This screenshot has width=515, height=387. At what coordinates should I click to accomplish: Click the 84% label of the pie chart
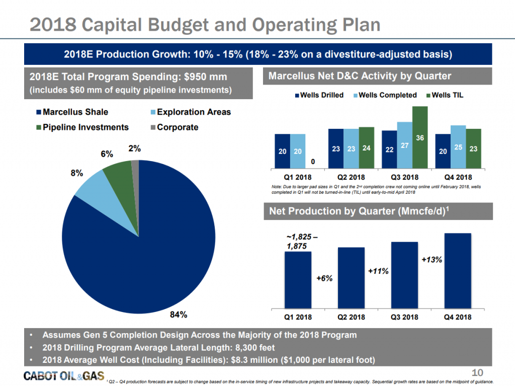[x=179, y=315]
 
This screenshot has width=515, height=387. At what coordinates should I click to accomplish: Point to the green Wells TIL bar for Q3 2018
[x=419, y=137]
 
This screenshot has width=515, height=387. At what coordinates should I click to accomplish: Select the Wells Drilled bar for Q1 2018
[x=282, y=151]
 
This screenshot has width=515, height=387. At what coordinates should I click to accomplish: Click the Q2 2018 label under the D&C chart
[x=351, y=178]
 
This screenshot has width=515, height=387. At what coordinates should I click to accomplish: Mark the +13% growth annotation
[x=432, y=260]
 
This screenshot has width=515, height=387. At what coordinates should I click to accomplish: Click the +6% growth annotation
[x=324, y=278]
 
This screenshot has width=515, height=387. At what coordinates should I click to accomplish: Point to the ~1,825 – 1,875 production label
[x=302, y=241]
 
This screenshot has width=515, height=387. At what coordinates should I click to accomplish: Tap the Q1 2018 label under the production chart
[x=298, y=317]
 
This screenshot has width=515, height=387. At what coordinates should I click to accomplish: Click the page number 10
[x=477, y=372]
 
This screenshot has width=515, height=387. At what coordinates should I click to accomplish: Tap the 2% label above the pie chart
[x=134, y=149]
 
